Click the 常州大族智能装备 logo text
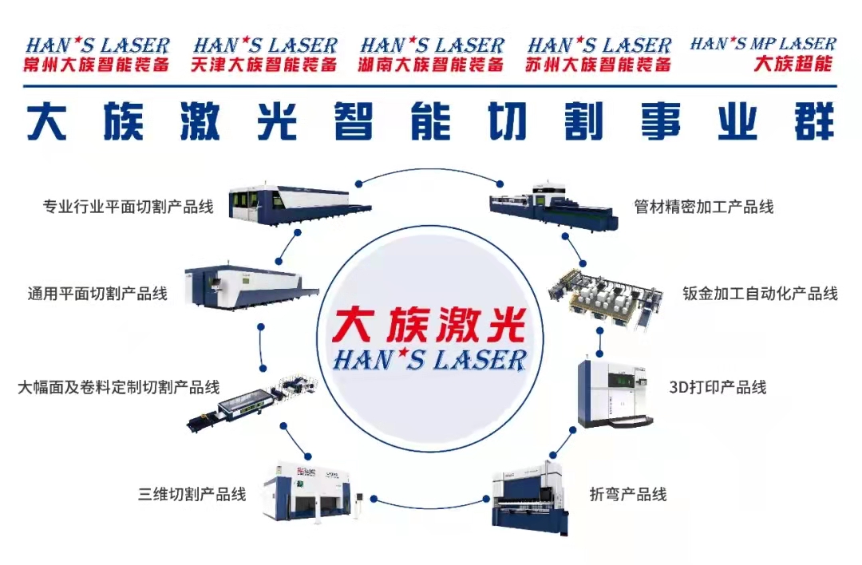point(97,65)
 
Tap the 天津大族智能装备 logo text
point(264,65)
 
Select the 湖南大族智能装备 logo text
point(431,65)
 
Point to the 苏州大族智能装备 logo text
point(598,65)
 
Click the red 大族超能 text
point(793,63)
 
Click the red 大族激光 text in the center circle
point(429,325)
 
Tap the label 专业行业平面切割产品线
point(128,207)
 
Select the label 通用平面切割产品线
point(97,294)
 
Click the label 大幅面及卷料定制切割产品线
point(119,387)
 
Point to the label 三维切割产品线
point(192,494)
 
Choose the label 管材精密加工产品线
point(704,207)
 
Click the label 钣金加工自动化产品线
point(761,294)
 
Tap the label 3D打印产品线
point(718,387)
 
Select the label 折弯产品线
point(628,494)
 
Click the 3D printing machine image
point(615,393)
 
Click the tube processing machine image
point(554,206)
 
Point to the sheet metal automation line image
point(606,297)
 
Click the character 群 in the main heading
point(815,121)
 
